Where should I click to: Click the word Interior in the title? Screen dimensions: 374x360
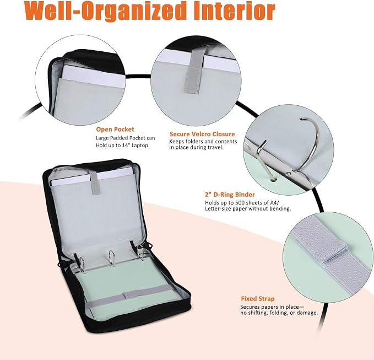pos(234,11)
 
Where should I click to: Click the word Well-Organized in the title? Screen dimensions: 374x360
pos(105,11)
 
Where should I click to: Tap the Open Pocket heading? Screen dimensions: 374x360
pos(115,130)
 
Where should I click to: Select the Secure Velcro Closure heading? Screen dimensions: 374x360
pos(202,134)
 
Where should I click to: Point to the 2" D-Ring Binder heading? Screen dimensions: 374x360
pos(230,195)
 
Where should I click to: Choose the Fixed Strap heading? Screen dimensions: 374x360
pos(258,299)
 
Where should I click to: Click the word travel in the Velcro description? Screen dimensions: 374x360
pos(215,147)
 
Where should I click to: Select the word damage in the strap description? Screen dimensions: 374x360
pos(310,313)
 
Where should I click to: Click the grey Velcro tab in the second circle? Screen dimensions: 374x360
pos(194,72)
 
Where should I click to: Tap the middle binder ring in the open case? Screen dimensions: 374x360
pos(112,258)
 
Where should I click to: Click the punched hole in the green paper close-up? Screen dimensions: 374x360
pos(274,179)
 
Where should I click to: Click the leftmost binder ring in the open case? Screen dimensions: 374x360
pos(84,265)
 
